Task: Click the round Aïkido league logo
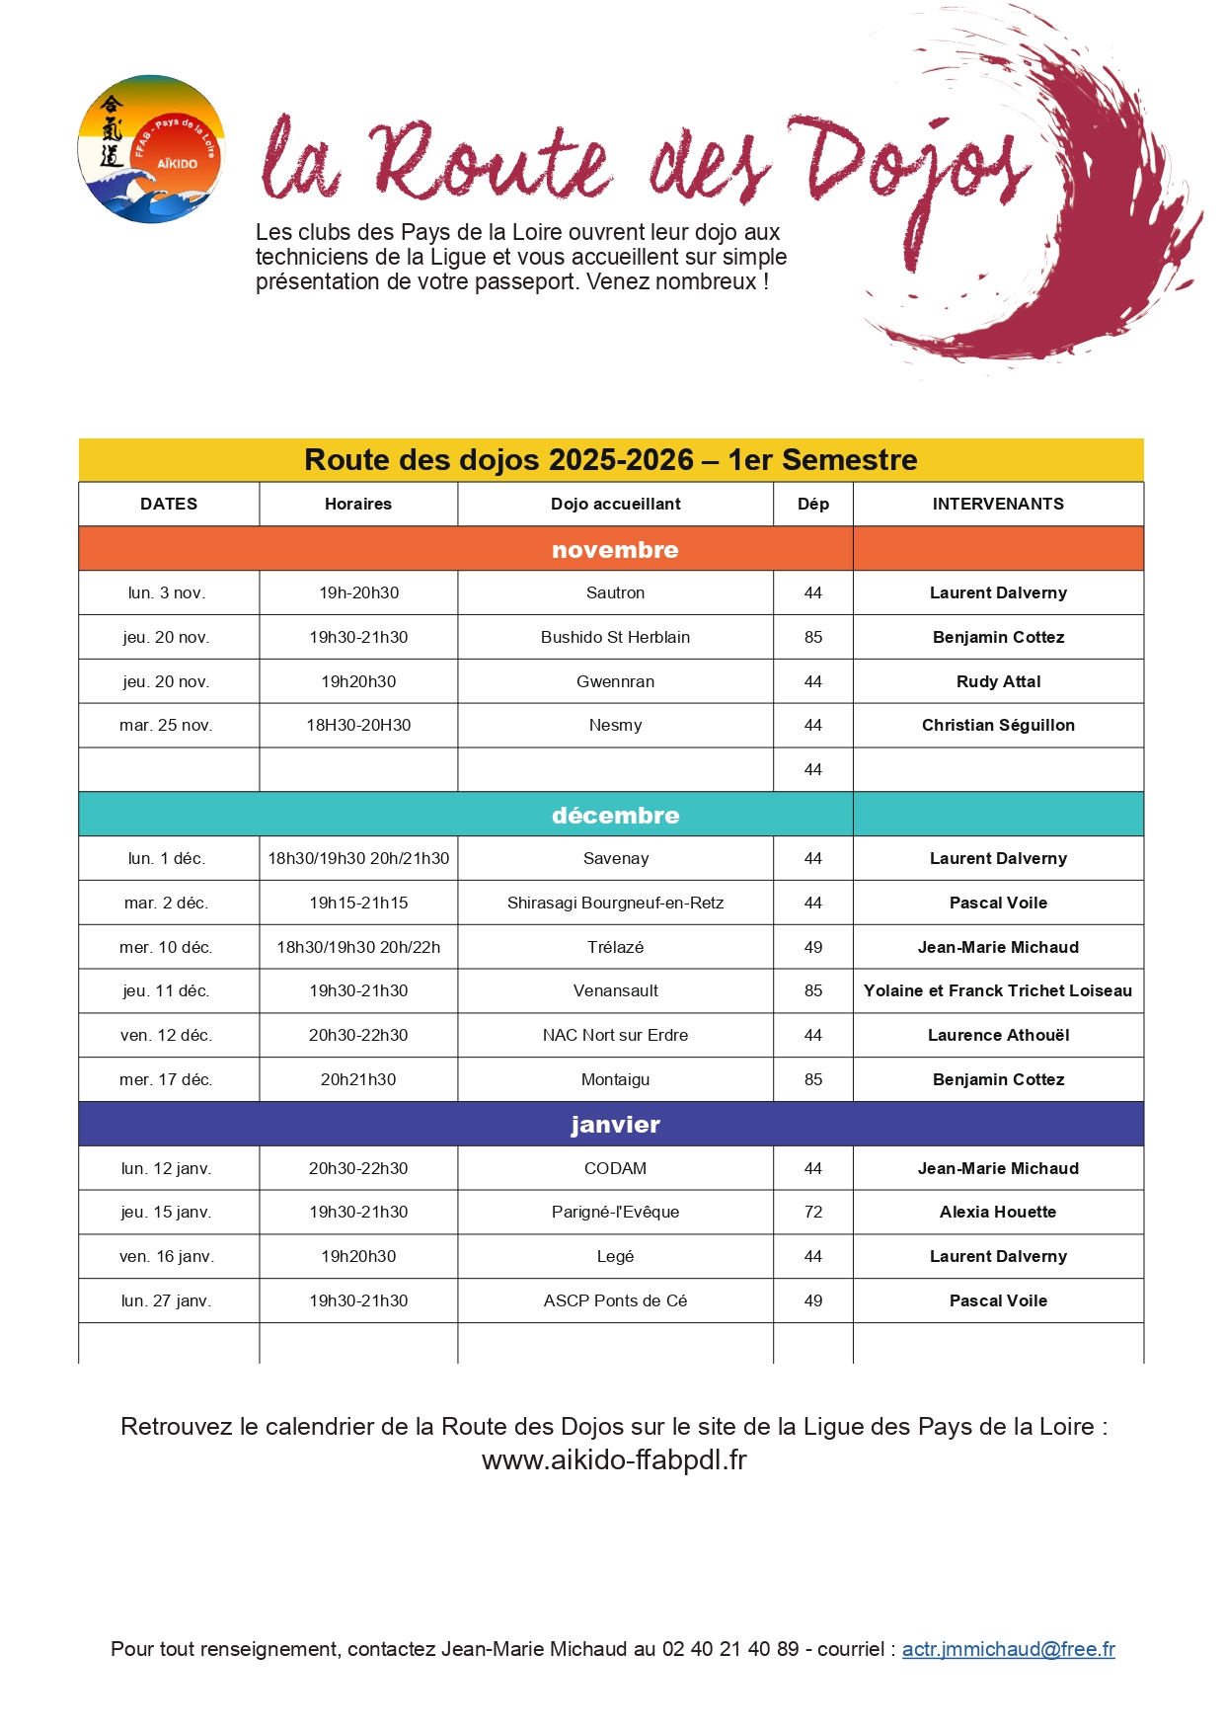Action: point(151,149)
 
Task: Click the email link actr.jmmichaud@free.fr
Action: point(1008,1649)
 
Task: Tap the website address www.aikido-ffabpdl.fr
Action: point(614,1459)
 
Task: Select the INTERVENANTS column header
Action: point(998,504)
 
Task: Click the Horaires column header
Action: point(358,504)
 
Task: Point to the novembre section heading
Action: point(615,550)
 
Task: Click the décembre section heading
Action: point(615,816)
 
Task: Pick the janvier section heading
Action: point(615,1125)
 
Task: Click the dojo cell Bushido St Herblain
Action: point(615,637)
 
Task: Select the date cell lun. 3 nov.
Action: point(167,592)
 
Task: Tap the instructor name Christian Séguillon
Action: point(998,725)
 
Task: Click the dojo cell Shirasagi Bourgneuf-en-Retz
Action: point(615,903)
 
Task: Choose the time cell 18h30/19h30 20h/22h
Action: point(358,947)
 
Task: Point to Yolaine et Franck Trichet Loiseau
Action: point(998,990)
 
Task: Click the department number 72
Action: point(813,1212)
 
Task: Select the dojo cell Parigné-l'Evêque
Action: point(615,1212)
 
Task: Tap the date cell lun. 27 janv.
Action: point(167,1300)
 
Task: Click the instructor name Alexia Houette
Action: point(998,1212)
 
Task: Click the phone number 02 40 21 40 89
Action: point(730,1649)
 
